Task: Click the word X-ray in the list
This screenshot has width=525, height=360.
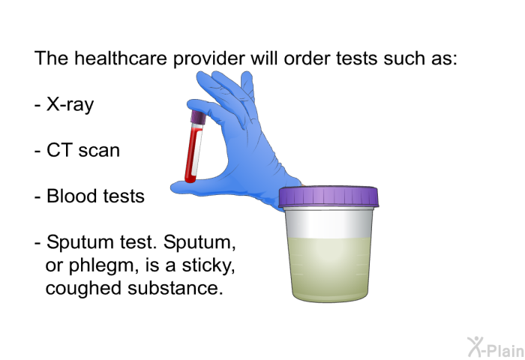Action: (70, 104)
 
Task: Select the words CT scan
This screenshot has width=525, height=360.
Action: (82, 150)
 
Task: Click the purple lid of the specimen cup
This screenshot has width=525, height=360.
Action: (328, 196)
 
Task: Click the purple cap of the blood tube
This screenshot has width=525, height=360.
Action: (199, 117)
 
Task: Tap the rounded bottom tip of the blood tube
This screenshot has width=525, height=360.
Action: (188, 181)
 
